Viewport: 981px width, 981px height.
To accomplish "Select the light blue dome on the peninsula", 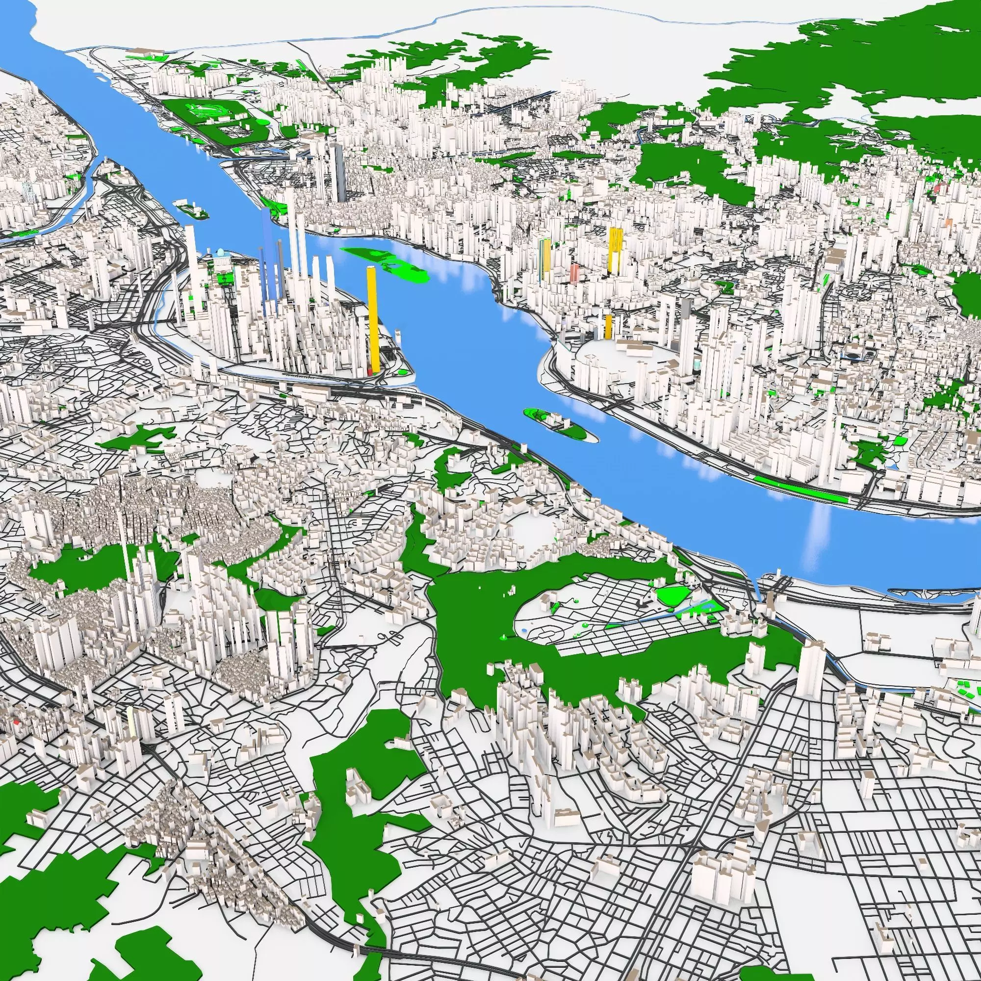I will point(220,252).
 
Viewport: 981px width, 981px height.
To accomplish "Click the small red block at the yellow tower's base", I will point(370,373).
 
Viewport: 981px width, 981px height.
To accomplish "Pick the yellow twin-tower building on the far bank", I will point(616,249).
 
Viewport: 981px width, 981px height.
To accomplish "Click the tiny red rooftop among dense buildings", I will point(16,721).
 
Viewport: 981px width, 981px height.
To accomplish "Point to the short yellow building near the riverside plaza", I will point(608,326).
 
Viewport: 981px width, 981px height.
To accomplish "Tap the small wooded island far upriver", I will point(190,208).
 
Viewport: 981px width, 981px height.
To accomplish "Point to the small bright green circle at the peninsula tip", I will point(404,372).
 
